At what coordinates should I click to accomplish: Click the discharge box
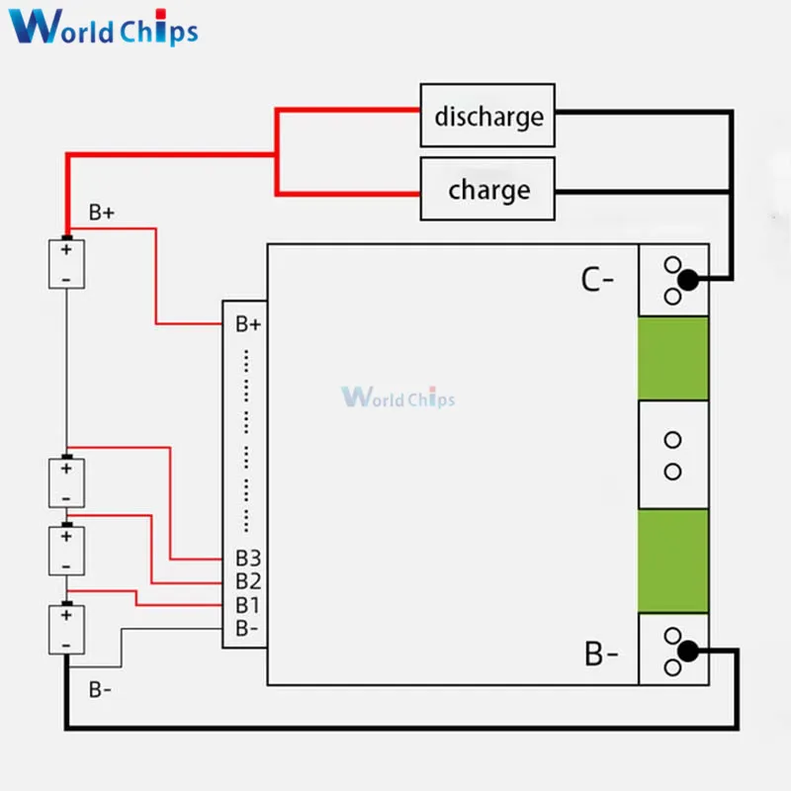pyautogui.click(x=487, y=117)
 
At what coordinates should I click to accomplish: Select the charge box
pyautogui.click(x=487, y=189)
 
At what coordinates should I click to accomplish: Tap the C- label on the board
pyautogui.click(x=597, y=280)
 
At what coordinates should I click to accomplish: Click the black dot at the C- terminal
pyautogui.click(x=688, y=281)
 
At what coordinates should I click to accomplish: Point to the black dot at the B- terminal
pyautogui.click(x=688, y=651)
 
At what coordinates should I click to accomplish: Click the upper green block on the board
pyautogui.click(x=673, y=359)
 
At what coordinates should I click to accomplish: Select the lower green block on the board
pyautogui.click(x=673, y=561)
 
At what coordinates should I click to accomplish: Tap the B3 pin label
pyautogui.click(x=247, y=559)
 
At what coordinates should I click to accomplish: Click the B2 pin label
pyautogui.click(x=247, y=581)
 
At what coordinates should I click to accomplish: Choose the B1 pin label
pyautogui.click(x=247, y=604)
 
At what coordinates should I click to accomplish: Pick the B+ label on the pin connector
pyautogui.click(x=247, y=323)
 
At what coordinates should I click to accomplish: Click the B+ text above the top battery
pyautogui.click(x=102, y=212)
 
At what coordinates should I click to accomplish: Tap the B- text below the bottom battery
pyautogui.click(x=101, y=689)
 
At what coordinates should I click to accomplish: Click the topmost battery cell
pyautogui.click(x=66, y=264)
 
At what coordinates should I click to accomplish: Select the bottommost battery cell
pyautogui.click(x=66, y=630)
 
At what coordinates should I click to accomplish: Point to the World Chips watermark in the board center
pyautogui.click(x=398, y=397)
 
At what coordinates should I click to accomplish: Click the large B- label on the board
pyautogui.click(x=602, y=654)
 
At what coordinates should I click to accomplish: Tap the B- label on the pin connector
pyautogui.click(x=246, y=627)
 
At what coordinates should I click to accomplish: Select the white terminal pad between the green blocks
pyautogui.click(x=673, y=455)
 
